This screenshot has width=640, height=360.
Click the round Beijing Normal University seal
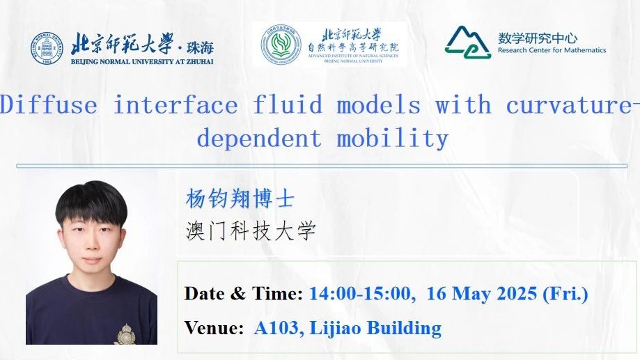coord(47,49)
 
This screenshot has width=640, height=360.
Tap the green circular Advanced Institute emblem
coord(281,44)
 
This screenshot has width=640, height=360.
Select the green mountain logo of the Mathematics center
coord(467,42)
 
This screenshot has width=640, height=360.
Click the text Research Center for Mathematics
coord(552,50)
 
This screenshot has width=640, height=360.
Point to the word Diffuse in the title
coord(49,105)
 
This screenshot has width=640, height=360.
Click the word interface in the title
coord(175,105)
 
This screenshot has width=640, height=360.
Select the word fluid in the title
coord(288,105)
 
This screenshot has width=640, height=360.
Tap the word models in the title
coord(378,105)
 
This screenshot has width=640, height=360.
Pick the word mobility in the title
coord(392,139)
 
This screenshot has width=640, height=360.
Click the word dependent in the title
coord(259,139)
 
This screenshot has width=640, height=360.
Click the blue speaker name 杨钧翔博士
coord(240,198)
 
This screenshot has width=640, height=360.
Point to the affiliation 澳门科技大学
coord(251,230)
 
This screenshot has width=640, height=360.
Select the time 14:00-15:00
coord(360,294)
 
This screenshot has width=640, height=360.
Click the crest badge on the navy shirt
coord(126,335)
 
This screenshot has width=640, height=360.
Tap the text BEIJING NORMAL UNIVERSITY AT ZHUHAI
coord(142,62)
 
